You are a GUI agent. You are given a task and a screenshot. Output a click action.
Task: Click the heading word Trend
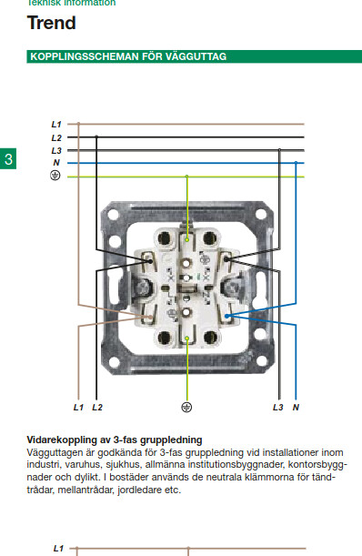tap(52, 23)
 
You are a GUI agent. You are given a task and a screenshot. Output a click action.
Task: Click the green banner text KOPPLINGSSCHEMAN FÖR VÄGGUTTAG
tap(128, 56)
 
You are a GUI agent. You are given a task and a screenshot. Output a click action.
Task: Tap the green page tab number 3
tap(8, 159)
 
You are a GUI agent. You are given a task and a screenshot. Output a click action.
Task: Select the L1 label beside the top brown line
tap(56, 125)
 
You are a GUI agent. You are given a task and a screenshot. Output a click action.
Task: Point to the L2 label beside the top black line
tap(56, 137)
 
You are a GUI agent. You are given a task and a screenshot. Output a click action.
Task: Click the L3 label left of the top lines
tap(56, 151)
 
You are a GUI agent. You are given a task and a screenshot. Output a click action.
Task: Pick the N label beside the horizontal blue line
tap(56, 163)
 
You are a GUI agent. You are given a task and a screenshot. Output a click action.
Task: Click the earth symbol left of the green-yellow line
tap(55, 175)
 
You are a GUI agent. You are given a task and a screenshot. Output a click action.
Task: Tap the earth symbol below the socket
tap(186, 408)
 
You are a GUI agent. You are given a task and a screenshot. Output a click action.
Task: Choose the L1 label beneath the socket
tap(78, 408)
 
